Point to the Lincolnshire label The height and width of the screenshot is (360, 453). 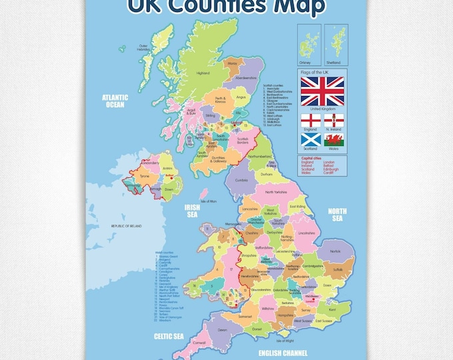tap(306, 233)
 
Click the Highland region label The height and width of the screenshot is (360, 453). tap(203, 74)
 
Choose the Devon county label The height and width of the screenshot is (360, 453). tap(223, 329)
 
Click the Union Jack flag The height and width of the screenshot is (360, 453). tap(322, 91)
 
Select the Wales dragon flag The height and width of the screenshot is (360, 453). tap(333, 140)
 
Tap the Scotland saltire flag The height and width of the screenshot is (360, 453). tap(310, 140)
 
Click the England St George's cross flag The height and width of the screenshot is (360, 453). tap(310, 120)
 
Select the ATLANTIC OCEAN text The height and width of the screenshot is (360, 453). tap(114, 100)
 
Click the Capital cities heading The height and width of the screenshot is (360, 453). tap(311, 158)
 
